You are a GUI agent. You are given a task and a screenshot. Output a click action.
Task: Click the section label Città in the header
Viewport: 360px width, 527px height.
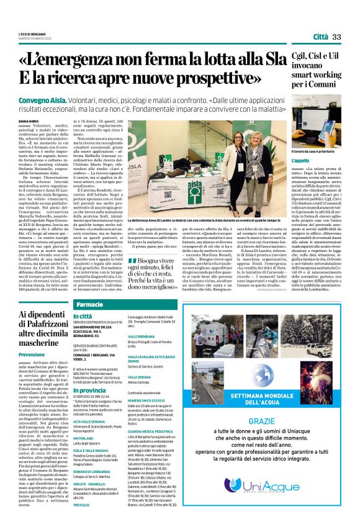coord(321,37)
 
